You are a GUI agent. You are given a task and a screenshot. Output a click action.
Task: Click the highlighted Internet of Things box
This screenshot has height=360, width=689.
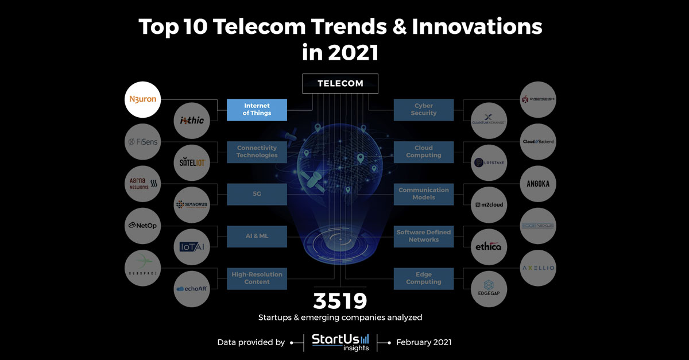[x=257, y=110]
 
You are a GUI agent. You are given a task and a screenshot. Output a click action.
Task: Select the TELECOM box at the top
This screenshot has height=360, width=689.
[x=340, y=83]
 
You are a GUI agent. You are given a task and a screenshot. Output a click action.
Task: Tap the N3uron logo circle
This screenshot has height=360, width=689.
[x=141, y=99]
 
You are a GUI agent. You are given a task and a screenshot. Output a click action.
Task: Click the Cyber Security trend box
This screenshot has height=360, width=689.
[x=424, y=110]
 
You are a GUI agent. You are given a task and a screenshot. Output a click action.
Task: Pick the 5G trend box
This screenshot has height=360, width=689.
[x=257, y=194]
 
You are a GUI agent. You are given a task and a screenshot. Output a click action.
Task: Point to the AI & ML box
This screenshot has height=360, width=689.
[x=257, y=236]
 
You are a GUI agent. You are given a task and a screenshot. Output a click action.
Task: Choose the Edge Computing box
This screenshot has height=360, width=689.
[x=424, y=278]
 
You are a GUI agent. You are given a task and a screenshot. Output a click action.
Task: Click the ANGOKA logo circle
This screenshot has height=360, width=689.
[x=538, y=184]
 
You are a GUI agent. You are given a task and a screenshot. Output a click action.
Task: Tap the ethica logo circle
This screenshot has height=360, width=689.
[x=488, y=247]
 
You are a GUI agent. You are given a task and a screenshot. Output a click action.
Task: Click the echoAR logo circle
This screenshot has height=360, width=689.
[x=191, y=289]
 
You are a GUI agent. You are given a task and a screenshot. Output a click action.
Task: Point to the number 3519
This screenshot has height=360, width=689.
[x=340, y=301]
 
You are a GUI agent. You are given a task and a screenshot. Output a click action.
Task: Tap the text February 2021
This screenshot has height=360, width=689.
[x=424, y=342]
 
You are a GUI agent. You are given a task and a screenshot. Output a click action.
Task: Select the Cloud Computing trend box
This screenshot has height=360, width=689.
[x=424, y=152]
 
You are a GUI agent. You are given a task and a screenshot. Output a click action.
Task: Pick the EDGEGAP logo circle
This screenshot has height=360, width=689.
[x=488, y=289]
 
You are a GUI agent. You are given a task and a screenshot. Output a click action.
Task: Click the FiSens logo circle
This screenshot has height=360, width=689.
[x=142, y=142]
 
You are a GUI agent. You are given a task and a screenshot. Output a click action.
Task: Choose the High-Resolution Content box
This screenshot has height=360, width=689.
[x=257, y=278]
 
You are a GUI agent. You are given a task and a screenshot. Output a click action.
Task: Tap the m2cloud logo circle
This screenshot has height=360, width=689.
[x=488, y=205]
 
